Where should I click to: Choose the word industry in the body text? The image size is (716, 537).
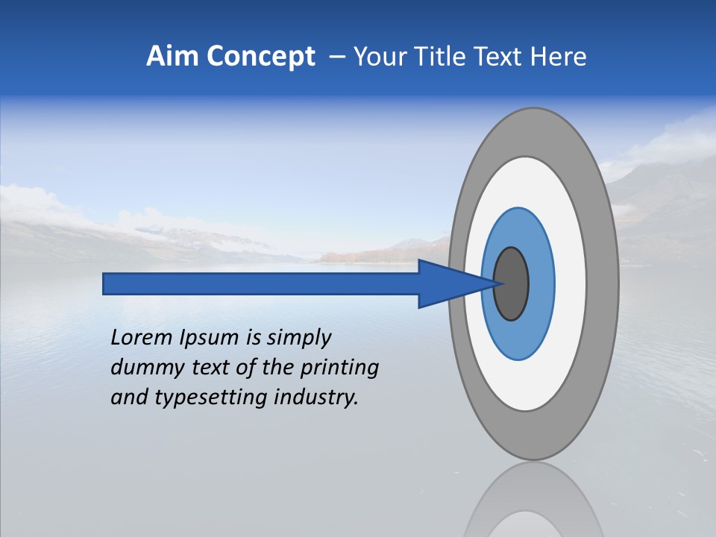316,398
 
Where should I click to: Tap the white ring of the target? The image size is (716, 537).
571,283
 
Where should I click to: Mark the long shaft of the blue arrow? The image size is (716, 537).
261,283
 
